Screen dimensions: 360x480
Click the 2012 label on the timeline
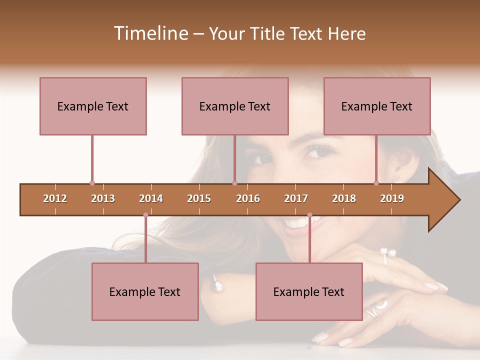[55, 199]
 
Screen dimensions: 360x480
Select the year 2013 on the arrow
[103, 199]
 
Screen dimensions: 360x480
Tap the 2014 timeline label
[151, 199]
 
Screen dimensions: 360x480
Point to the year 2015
[199, 199]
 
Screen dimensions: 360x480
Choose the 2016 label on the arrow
[248, 199]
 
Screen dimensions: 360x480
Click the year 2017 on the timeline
[296, 199]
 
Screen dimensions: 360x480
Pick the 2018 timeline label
[344, 199]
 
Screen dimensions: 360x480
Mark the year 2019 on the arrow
[392, 199]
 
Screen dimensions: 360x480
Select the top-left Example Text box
[93, 106]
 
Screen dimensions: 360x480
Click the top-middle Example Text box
[235, 106]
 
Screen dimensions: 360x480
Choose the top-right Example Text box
[377, 106]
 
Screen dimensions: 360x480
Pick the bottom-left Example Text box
[145, 291]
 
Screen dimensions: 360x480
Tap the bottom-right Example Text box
[309, 291]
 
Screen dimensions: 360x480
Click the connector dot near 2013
[92, 183]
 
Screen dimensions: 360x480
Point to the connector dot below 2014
[145, 215]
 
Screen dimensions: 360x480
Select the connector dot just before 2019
[376, 183]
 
